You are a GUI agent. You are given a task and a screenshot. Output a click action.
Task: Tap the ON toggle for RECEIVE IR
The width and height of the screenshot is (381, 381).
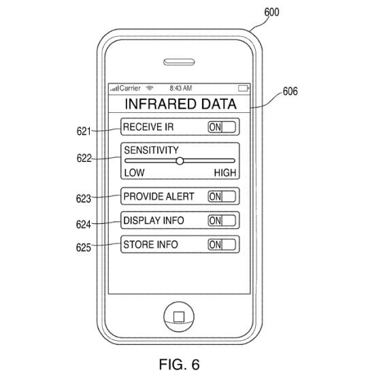click(x=222, y=127)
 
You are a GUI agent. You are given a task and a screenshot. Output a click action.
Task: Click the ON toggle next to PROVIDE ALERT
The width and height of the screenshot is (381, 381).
click(x=222, y=197)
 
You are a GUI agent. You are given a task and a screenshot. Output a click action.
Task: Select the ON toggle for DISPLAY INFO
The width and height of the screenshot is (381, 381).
click(x=222, y=220)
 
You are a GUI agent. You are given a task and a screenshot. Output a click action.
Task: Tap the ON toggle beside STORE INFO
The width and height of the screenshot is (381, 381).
click(x=222, y=244)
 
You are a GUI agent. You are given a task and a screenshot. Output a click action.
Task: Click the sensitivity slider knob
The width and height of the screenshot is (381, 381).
click(x=180, y=161)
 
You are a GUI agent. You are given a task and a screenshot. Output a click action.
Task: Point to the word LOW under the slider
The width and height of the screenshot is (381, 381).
click(x=135, y=173)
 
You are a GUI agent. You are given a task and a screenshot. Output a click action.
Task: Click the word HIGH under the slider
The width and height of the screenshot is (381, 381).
click(x=225, y=173)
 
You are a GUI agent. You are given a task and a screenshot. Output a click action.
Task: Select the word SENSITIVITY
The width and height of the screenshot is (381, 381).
click(x=151, y=150)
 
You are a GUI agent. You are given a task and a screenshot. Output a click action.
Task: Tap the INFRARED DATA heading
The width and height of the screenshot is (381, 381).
click(x=180, y=104)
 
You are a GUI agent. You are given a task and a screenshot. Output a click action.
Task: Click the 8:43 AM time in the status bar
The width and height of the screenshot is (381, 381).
click(x=181, y=88)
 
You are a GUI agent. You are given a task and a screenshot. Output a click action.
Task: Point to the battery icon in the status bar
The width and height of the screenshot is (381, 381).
click(x=244, y=88)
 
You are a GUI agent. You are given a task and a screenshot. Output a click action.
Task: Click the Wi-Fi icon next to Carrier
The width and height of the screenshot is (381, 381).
click(x=150, y=88)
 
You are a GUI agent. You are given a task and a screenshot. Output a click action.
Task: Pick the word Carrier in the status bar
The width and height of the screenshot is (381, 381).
click(x=130, y=88)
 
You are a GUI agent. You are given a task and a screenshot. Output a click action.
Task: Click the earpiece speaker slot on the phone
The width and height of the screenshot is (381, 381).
click(x=179, y=62)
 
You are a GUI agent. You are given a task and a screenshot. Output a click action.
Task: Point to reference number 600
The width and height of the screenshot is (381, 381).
click(x=271, y=12)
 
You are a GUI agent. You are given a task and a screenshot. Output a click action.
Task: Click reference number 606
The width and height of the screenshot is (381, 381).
click(x=290, y=91)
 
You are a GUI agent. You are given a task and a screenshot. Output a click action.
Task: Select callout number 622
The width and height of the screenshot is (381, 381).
click(x=84, y=158)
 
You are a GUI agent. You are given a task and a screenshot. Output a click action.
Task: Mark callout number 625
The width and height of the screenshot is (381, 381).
click(x=84, y=248)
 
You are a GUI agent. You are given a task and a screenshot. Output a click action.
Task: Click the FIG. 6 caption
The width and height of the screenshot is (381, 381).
click(x=180, y=365)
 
